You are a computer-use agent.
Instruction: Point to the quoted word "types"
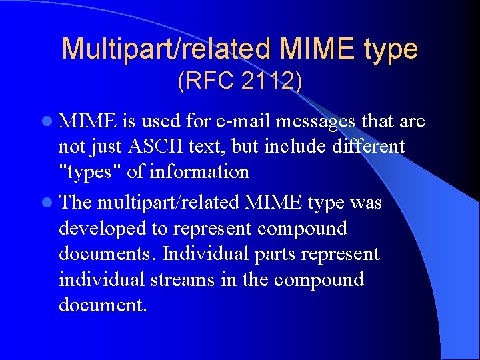[x=90, y=172]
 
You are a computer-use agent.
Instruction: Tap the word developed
[x=103, y=229]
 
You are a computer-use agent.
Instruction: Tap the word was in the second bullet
[x=365, y=202]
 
